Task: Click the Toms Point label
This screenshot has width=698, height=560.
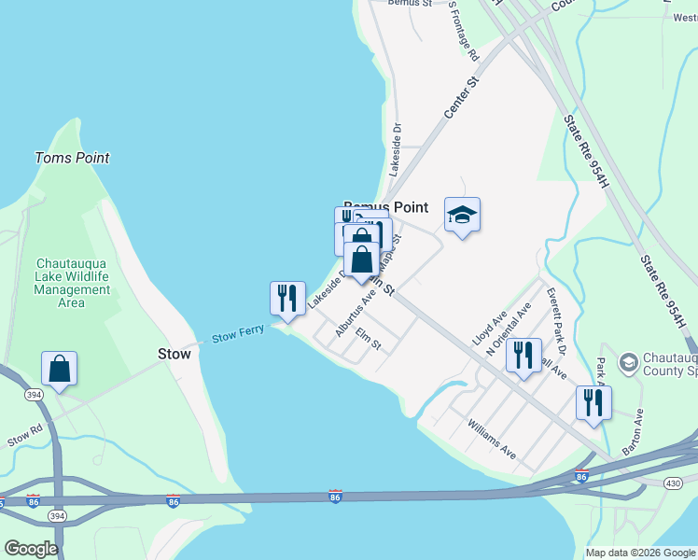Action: point(72,158)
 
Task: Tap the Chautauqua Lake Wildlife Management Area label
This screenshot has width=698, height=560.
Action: point(72,283)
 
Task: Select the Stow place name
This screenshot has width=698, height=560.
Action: point(174,354)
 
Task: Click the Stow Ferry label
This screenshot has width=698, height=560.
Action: point(237,334)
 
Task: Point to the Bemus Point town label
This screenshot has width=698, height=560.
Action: point(385,207)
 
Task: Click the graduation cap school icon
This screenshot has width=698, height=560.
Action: point(461,216)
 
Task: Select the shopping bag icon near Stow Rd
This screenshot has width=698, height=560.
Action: point(59,369)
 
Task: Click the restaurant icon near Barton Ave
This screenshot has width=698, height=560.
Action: point(593,403)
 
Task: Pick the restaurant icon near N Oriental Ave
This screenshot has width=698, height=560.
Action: point(523,355)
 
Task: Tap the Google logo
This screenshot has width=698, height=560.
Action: point(31,549)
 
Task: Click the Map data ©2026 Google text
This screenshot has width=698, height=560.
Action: point(641,553)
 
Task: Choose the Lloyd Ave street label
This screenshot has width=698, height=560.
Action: point(489,329)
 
